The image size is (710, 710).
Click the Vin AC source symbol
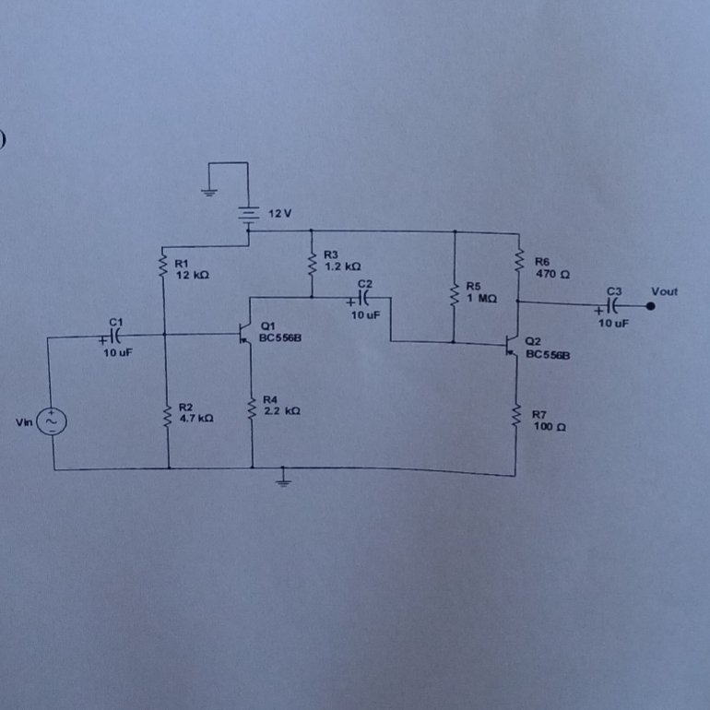(52, 421)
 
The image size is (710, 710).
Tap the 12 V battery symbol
(248, 215)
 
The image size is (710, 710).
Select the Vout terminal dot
(650, 306)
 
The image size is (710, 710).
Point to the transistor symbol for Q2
(512, 346)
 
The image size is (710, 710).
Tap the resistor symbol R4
(252, 408)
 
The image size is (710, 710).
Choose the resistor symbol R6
(519, 260)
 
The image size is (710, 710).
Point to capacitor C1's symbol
(112, 336)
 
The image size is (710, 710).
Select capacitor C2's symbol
(361, 299)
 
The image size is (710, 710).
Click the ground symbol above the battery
(208, 192)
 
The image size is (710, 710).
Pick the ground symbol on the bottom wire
(283, 481)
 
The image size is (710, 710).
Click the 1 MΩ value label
(482, 299)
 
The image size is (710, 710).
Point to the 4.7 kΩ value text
(196, 419)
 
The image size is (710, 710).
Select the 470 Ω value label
(553, 274)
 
